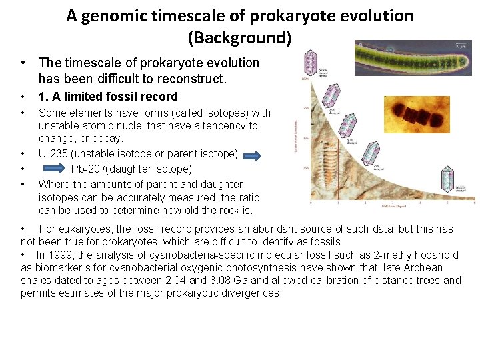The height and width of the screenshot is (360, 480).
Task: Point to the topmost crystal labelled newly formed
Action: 309,63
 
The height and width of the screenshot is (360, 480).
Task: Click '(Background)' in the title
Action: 240,37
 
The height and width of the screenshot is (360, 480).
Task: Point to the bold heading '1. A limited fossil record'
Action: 108,97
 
